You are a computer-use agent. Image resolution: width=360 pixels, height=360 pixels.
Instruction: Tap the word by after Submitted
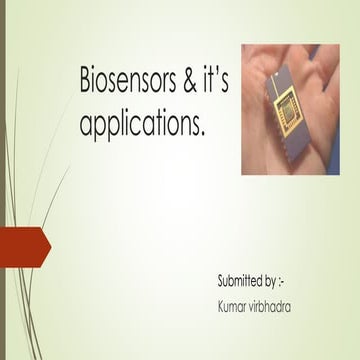(273, 275)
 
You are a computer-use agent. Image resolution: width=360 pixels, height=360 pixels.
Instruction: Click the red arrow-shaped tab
(22, 245)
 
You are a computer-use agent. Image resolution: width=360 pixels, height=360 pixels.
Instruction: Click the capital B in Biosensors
(84, 84)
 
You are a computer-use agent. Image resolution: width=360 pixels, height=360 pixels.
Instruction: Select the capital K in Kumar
(221, 298)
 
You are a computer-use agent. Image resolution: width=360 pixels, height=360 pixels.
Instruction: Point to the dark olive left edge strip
(3, 180)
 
